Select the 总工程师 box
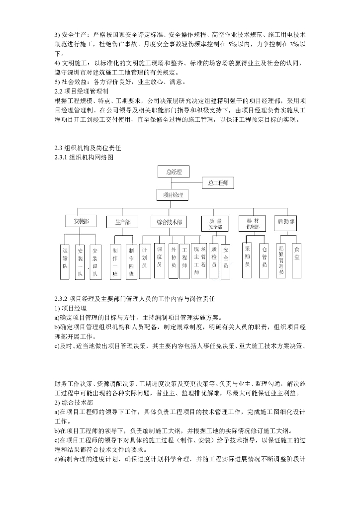[x=218, y=183]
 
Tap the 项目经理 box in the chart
[x=173, y=194]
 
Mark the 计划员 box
[x=145, y=257]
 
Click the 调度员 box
[x=159, y=257]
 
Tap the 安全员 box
[x=226, y=257]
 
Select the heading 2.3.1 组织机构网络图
[x=84, y=158]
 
